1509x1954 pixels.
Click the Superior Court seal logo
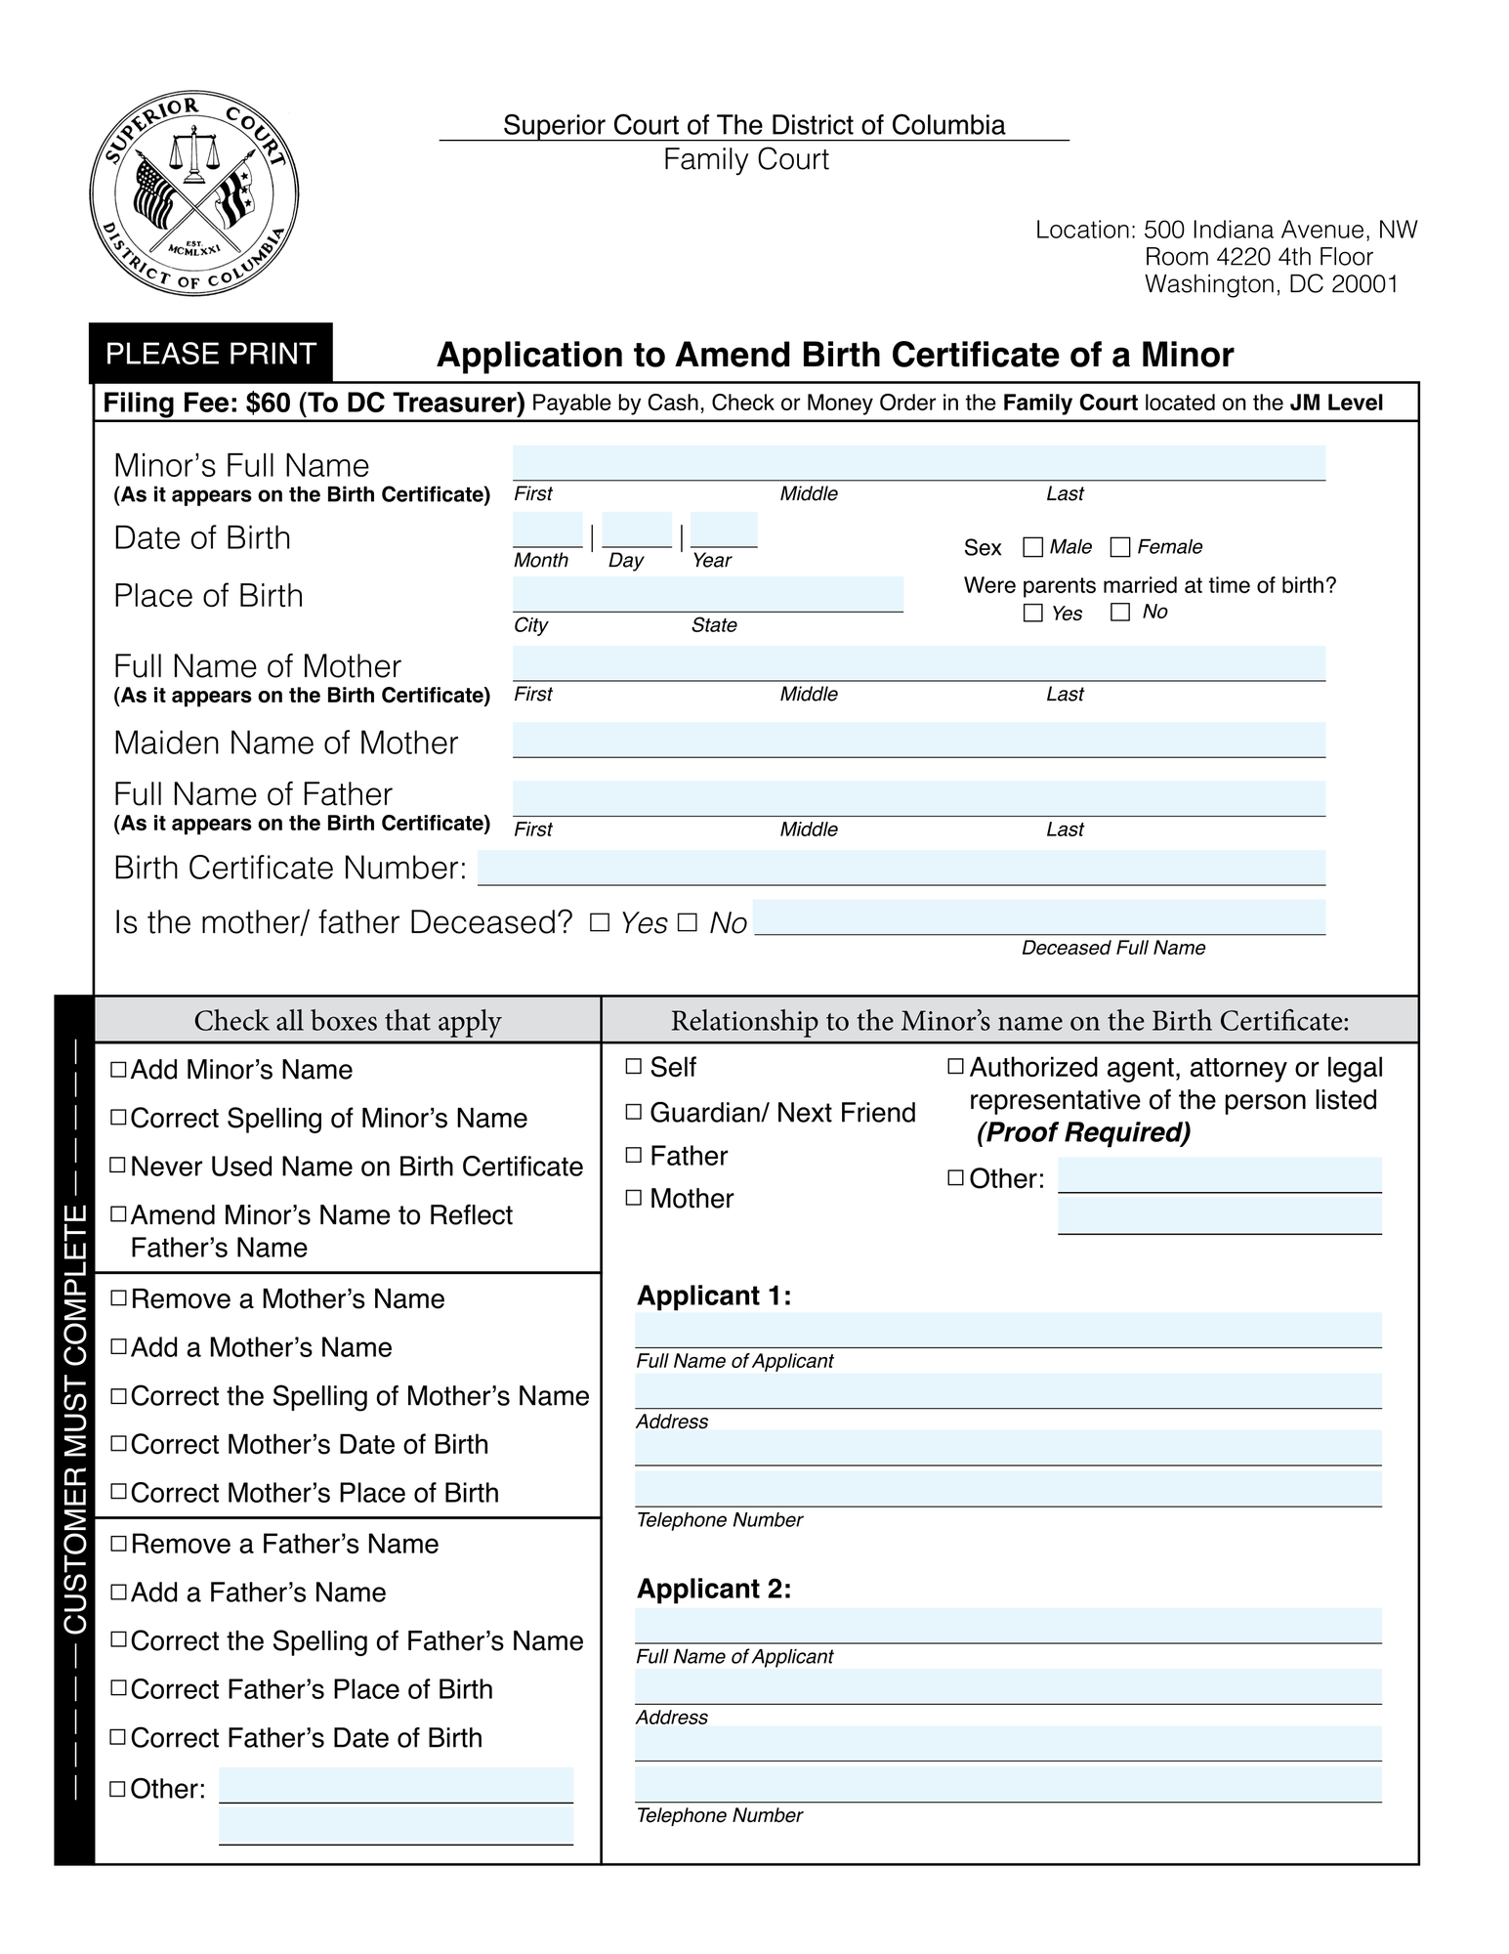tap(193, 195)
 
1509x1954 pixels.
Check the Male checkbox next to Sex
tap(1032, 547)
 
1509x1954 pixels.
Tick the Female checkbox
tap(1120, 547)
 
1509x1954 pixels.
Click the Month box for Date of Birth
tap(547, 531)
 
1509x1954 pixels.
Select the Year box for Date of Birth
tap(724, 531)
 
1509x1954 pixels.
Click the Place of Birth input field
tap(707, 594)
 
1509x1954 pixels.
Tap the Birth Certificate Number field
tap(901, 868)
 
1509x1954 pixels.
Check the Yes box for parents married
tap(1032, 613)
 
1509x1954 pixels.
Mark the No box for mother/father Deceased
tap(687, 921)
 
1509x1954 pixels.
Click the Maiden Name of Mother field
tap(918, 740)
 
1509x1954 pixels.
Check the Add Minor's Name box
tap(118, 1069)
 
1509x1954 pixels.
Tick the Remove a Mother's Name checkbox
tap(118, 1298)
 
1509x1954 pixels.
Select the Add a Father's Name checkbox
tap(118, 1592)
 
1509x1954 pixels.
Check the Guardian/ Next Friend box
tap(633, 1111)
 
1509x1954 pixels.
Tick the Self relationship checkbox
tap(633, 1066)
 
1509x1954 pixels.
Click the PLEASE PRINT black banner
tap(210, 353)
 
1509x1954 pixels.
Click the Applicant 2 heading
tap(713, 1590)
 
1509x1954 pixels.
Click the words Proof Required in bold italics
tap(1083, 1132)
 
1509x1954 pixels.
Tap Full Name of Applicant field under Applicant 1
tap(1007, 1330)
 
